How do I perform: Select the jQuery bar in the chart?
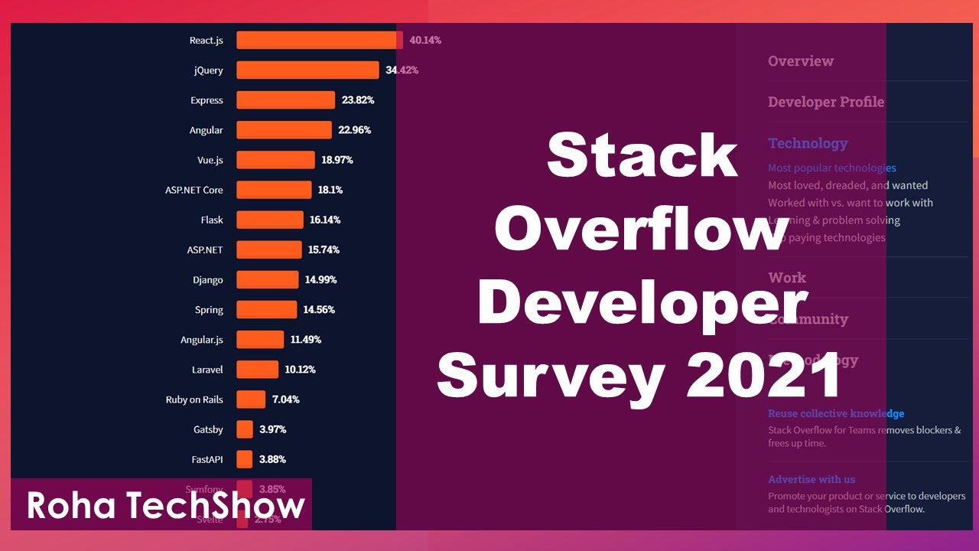click(307, 70)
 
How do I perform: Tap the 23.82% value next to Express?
click(358, 100)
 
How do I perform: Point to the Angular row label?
click(207, 130)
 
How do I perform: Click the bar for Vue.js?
click(275, 160)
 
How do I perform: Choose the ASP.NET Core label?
click(194, 190)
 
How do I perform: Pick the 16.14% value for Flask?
click(325, 220)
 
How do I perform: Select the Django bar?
click(267, 280)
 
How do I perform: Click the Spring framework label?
click(209, 310)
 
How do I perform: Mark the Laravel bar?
click(257, 370)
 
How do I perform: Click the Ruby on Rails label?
click(194, 399)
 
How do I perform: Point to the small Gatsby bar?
click(245, 429)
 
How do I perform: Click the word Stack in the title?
click(642, 155)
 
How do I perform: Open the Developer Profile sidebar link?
click(826, 102)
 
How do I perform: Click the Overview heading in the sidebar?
click(801, 61)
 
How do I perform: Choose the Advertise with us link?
click(811, 479)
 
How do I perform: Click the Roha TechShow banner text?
click(166, 506)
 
